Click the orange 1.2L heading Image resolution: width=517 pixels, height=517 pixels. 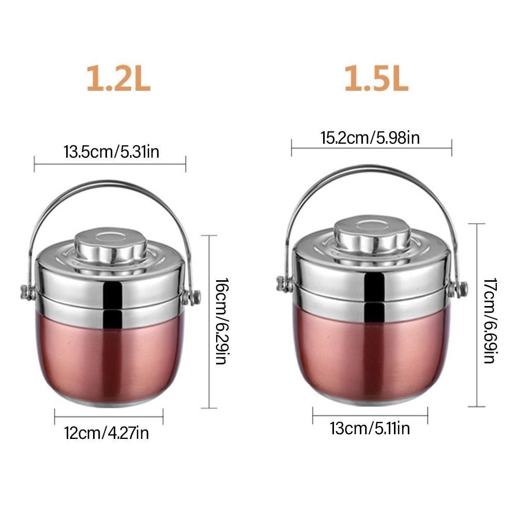point(118,79)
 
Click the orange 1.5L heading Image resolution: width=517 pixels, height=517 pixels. point(376,79)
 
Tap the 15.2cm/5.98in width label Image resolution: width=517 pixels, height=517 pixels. point(371,138)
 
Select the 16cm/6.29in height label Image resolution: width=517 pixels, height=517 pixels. point(221,322)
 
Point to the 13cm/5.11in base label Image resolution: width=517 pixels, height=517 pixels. point(370,428)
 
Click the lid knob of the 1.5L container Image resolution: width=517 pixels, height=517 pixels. point(373,235)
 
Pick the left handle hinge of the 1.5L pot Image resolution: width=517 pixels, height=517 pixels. point(282,283)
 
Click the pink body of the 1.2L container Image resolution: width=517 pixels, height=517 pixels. point(109,357)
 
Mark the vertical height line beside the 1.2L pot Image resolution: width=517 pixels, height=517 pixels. point(208,322)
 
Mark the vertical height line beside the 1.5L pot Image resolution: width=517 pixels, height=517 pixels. point(476,315)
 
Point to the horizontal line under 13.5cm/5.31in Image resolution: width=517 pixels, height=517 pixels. point(110,164)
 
